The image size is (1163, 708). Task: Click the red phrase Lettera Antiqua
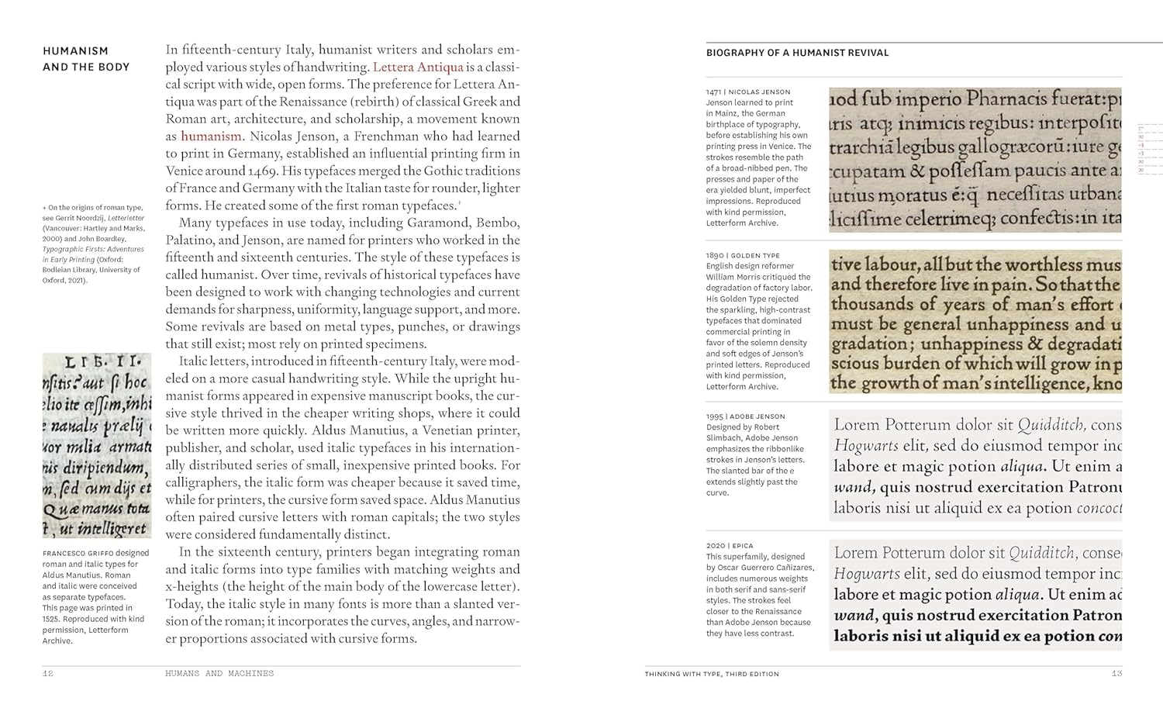pos(418,67)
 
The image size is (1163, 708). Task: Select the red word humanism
pos(211,136)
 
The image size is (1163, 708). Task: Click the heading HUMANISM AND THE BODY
pos(86,59)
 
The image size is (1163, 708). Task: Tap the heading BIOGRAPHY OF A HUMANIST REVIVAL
pos(797,53)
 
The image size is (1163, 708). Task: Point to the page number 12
pos(48,674)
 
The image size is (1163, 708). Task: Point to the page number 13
pos(1116,674)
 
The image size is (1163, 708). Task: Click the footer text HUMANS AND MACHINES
pos(219,674)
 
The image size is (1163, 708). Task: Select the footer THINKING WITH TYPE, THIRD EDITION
pos(711,674)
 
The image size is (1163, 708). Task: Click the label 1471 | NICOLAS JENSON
pos(748,92)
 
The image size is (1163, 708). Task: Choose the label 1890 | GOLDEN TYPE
pos(743,255)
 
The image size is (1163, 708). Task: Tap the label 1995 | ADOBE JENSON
pos(745,416)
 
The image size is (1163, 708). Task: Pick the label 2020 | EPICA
pos(730,546)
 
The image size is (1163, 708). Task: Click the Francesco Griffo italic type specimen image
pos(97,446)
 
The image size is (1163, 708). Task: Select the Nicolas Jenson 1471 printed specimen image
pos(975,160)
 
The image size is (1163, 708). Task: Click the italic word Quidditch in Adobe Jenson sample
pos(1051,425)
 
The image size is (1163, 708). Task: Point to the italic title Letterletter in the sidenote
pos(126,219)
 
